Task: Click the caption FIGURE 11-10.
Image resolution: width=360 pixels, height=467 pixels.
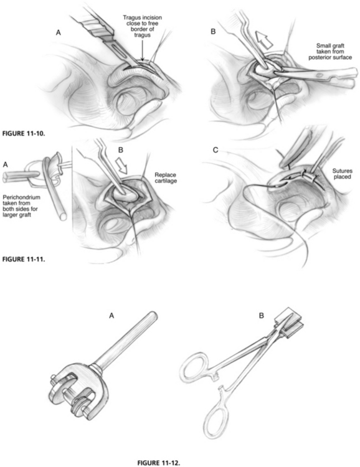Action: coord(24,133)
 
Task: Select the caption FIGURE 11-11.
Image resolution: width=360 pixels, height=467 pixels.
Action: coord(24,259)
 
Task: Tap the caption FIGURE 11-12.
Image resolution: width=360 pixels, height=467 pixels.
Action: coord(159,463)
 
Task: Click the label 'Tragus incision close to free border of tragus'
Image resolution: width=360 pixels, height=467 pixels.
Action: coord(143,26)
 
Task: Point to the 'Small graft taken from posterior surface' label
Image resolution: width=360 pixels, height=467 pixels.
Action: coord(330,52)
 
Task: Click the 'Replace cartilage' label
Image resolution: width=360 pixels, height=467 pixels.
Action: coord(166,178)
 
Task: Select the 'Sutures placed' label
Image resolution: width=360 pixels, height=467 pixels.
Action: coord(343,174)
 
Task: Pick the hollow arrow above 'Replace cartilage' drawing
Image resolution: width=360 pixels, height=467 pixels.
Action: coord(122,166)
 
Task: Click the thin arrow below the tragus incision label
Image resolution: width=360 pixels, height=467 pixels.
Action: coord(143,50)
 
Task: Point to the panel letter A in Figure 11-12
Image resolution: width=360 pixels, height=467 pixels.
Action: coord(111,316)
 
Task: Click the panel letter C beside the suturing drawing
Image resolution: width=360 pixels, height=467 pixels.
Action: coord(216,150)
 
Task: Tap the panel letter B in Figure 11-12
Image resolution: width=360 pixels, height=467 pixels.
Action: coord(262,316)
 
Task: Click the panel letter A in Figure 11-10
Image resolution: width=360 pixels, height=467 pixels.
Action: coord(59,33)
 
